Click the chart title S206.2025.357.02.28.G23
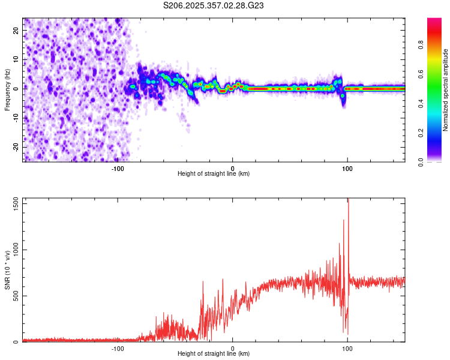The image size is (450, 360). coord(214,5)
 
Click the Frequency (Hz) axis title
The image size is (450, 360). coord(7,88)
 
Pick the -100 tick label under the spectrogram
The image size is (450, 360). coord(118,169)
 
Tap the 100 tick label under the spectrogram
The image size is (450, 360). coord(347,169)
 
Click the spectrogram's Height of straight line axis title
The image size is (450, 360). coord(214,174)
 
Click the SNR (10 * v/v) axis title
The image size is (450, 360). coord(7,270)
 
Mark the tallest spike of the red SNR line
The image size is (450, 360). coord(348,200)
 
